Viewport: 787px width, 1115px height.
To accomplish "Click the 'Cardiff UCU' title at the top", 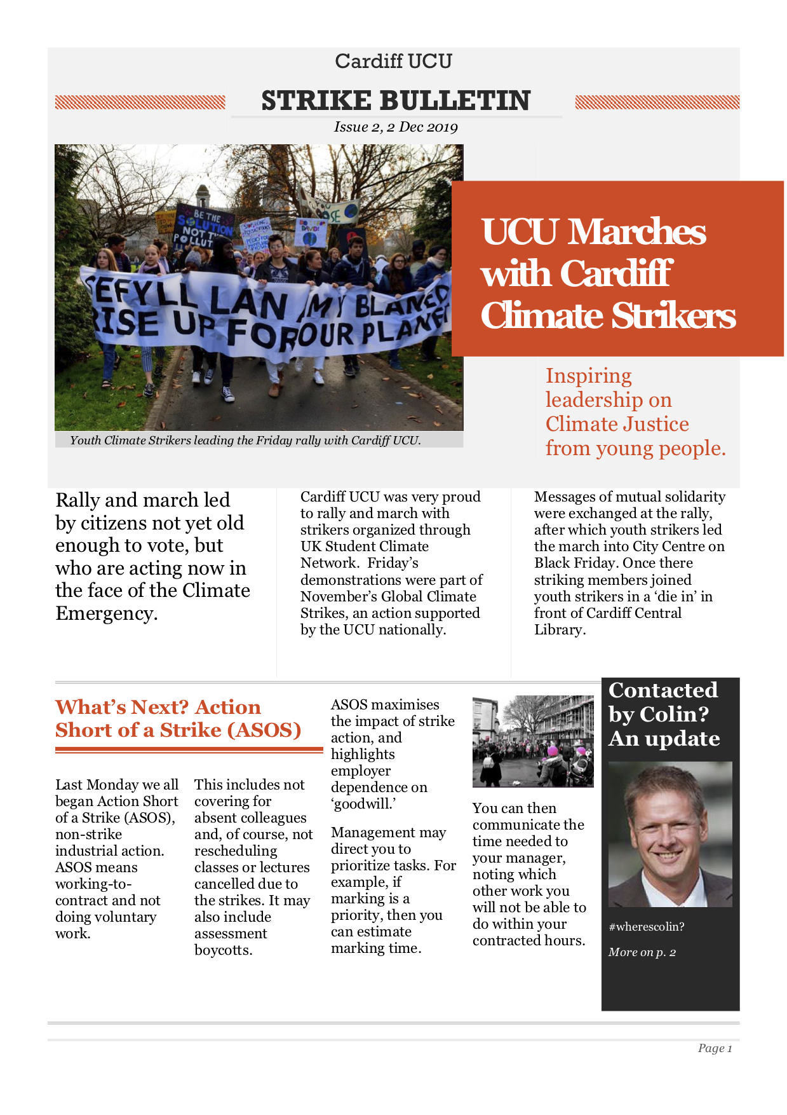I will tap(393, 61).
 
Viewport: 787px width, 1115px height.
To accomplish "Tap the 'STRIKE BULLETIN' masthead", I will tap(396, 100).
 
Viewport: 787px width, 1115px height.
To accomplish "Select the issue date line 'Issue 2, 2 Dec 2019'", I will tap(396, 127).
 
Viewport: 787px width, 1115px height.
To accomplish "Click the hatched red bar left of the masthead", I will tap(140, 102).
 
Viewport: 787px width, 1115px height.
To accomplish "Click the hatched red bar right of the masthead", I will tap(657, 102).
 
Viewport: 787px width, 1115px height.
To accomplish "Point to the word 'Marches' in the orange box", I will tap(636, 231).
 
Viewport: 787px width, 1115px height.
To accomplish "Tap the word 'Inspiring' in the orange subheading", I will tap(588, 376).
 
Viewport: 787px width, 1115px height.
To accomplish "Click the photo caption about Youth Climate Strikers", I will tap(245, 440).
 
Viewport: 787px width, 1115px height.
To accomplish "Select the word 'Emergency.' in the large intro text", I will tap(107, 613).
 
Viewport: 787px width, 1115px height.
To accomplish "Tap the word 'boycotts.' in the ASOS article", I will tap(224, 950).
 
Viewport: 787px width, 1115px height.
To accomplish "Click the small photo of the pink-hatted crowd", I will tap(532, 741).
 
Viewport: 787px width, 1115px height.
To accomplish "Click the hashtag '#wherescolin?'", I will tap(646, 927).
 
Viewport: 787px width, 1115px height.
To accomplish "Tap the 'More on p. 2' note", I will tap(642, 952).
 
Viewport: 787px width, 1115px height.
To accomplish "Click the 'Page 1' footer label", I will tap(715, 1048).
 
